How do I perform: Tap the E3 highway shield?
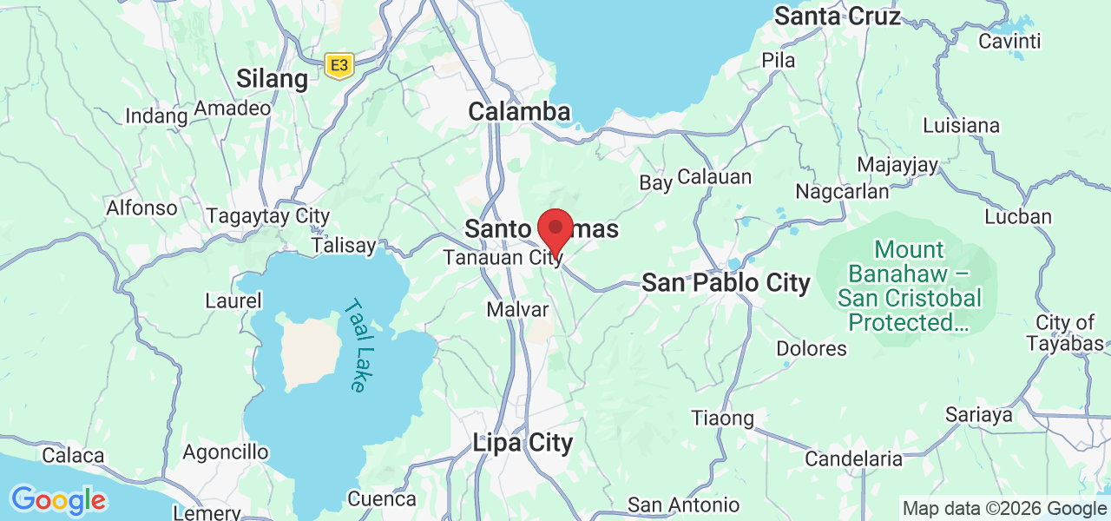coord(339,64)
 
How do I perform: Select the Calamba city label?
coord(519,111)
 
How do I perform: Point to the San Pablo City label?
coord(726,282)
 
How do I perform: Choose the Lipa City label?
coord(523,443)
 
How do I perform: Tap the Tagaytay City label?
coord(268,216)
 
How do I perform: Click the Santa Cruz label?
coord(838,15)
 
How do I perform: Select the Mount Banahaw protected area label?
coord(909,286)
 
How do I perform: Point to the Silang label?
coord(272,79)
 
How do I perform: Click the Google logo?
coord(58,500)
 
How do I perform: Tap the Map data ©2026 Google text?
coord(1004,508)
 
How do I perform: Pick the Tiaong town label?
coord(722,418)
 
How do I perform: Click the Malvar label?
coord(518,310)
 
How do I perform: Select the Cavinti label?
coord(1009,41)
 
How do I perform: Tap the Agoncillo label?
coord(226,452)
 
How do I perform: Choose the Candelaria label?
coord(854,458)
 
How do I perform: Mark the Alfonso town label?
coord(141,208)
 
